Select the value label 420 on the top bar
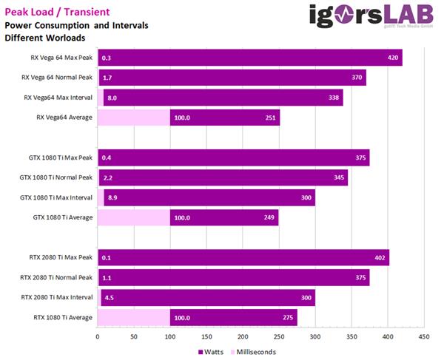394,58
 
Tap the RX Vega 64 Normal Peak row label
57,77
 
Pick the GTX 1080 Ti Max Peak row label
57,157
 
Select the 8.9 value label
112,197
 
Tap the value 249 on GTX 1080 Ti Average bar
269,217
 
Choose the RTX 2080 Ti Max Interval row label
56,298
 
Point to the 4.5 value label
110,298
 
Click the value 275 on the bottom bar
288,318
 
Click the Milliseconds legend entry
253,351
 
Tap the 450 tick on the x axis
423,336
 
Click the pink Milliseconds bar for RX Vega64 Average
133,117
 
